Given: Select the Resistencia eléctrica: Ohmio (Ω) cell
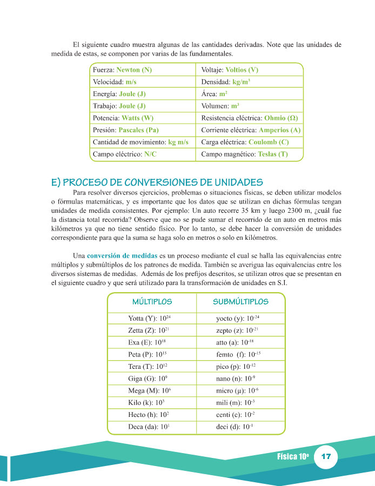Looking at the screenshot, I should pyautogui.click(x=249, y=118).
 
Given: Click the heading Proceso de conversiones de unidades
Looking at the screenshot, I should pyautogui.click(x=157, y=182).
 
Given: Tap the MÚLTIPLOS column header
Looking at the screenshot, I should pyautogui.click(x=152, y=301).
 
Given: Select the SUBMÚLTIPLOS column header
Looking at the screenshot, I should pyautogui.click(x=240, y=301).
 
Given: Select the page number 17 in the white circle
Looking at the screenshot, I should pyautogui.click(x=326, y=457).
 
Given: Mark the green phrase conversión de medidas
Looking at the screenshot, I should pyautogui.click(x=119, y=255).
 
